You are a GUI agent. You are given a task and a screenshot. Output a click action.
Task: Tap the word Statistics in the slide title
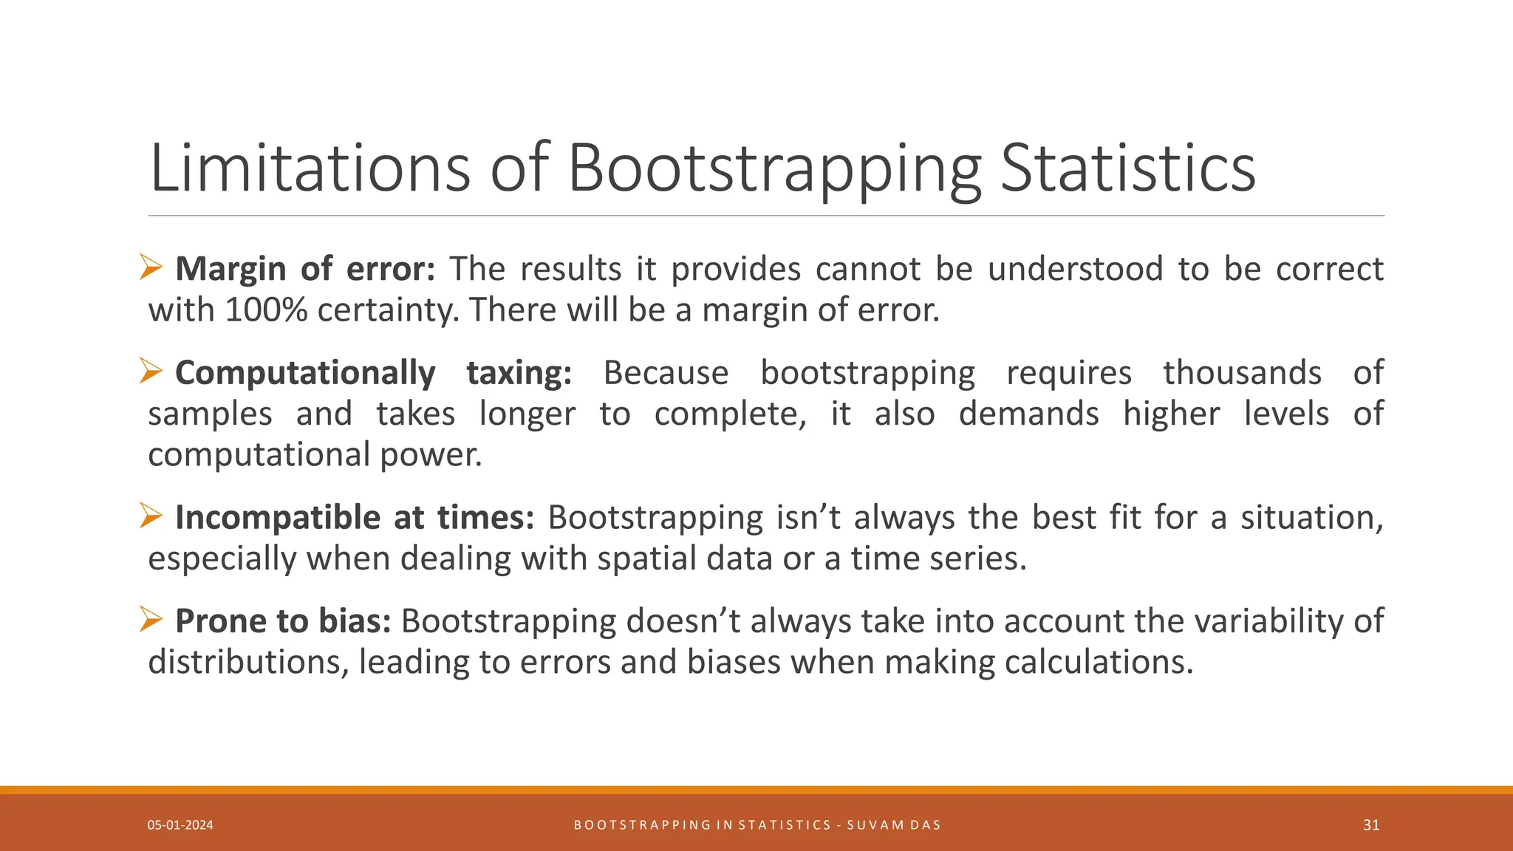pyautogui.click(x=1127, y=168)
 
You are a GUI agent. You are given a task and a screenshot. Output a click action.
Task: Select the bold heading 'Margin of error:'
pyautogui.click(x=305, y=269)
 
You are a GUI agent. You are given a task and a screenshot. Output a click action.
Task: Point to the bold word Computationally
pyautogui.click(x=305, y=373)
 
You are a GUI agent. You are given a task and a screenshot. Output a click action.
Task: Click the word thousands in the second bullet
pyautogui.click(x=1242, y=373)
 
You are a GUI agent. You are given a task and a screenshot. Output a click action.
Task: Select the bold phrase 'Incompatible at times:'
pyautogui.click(x=355, y=518)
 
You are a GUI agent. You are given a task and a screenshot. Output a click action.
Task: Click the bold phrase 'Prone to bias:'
pyautogui.click(x=283, y=621)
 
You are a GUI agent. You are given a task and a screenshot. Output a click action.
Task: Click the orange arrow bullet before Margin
pyautogui.click(x=151, y=267)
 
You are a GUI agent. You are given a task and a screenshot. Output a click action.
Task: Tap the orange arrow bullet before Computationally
pyautogui.click(x=151, y=371)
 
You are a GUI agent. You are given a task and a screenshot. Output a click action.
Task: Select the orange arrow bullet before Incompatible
pyautogui.click(x=151, y=516)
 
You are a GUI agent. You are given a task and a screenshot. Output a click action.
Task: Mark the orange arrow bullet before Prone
pyautogui.click(x=151, y=619)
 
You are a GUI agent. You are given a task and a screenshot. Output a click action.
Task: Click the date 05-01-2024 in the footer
pyautogui.click(x=180, y=825)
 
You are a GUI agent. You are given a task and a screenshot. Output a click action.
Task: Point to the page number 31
pyautogui.click(x=1371, y=825)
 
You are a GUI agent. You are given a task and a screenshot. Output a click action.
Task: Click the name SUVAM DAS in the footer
pyautogui.click(x=894, y=825)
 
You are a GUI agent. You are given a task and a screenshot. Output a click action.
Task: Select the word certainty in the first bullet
pyautogui.click(x=388, y=310)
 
